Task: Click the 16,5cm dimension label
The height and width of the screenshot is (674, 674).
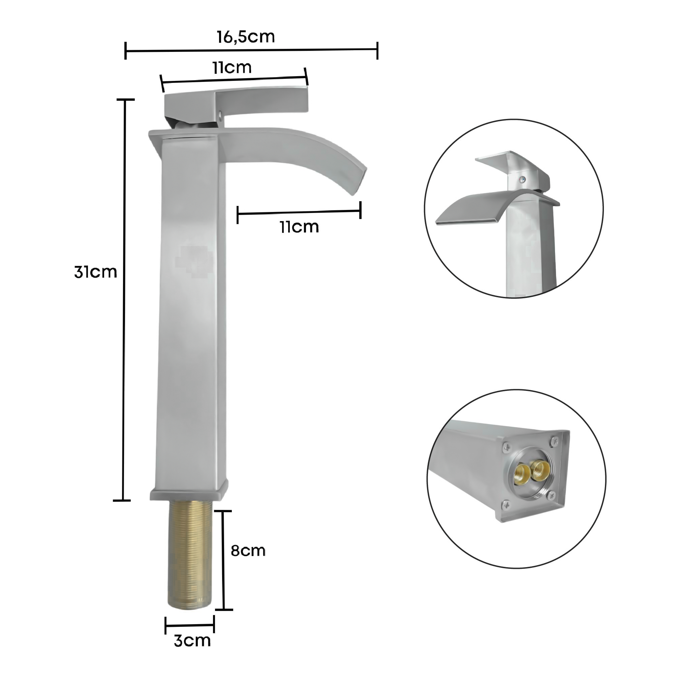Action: pos(246,37)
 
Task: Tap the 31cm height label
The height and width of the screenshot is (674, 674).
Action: pos(95,272)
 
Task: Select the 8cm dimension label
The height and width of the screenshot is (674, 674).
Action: pos(248,551)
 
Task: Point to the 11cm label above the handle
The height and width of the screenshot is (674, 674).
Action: pos(232,67)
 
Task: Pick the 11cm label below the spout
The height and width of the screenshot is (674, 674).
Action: pos(299,227)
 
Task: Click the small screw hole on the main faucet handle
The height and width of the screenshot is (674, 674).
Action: pos(220,113)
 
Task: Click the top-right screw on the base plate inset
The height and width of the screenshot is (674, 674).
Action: pos(555,441)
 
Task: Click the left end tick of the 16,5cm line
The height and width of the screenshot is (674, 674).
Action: pos(126,51)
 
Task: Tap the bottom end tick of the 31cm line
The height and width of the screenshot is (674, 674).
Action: pos(122,500)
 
